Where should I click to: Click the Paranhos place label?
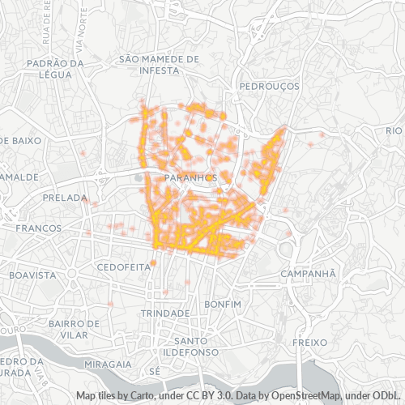click(189, 177)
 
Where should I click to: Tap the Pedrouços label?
click(270, 85)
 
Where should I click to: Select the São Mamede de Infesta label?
click(159, 64)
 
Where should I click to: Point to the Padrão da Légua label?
click(55, 68)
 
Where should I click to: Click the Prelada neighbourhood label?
click(65, 198)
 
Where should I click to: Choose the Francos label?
click(38, 228)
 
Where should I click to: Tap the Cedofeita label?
click(124, 266)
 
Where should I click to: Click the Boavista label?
click(32, 275)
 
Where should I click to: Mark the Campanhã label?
click(307, 274)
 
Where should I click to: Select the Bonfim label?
click(224, 303)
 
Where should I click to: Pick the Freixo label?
click(308, 343)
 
